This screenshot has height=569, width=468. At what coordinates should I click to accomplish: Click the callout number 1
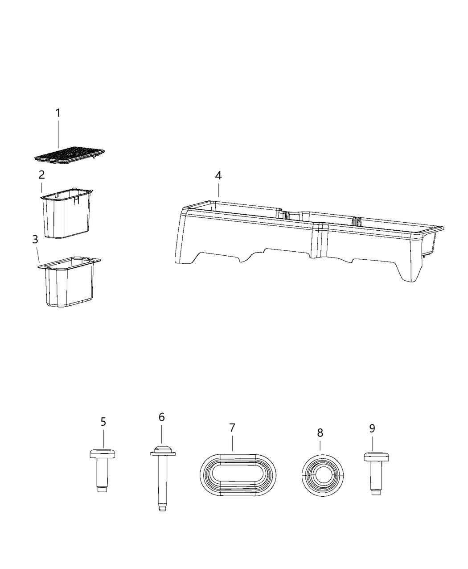[x=58, y=113]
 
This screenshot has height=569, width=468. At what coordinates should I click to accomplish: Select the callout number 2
[x=41, y=174]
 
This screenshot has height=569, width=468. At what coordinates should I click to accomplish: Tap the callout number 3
[x=35, y=240]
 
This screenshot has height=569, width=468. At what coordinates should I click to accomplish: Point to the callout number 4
[x=218, y=175]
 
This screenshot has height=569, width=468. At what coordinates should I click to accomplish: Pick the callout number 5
[x=103, y=421]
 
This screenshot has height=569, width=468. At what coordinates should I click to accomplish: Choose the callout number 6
[x=161, y=417]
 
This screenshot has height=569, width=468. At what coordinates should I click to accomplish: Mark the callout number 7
[x=232, y=428]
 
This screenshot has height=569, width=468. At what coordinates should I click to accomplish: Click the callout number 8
[x=320, y=432]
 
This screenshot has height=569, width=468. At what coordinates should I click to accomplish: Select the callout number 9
[x=372, y=428]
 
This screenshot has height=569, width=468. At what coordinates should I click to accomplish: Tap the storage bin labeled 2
[x=66, y=214]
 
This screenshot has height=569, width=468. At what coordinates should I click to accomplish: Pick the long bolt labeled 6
[x=161, y=478]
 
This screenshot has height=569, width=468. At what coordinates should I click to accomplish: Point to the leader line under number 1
[x=58, y=134]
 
